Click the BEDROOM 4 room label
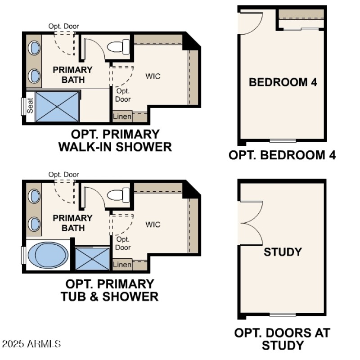pos(283,82)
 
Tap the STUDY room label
pos(283,252)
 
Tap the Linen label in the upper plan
pos(122,117)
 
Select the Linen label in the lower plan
pos(122,265)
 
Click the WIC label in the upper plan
pos(153,76)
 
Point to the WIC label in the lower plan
pos(153,224)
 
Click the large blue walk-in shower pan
pos(57,106)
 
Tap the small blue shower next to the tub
pos(92,259)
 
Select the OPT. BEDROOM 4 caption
pos(282,155)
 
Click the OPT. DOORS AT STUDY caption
pos(282,339)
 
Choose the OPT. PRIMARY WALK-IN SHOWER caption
pos(115,140)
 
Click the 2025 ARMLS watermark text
pos(31,344)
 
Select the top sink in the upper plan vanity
pos(34,48)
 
